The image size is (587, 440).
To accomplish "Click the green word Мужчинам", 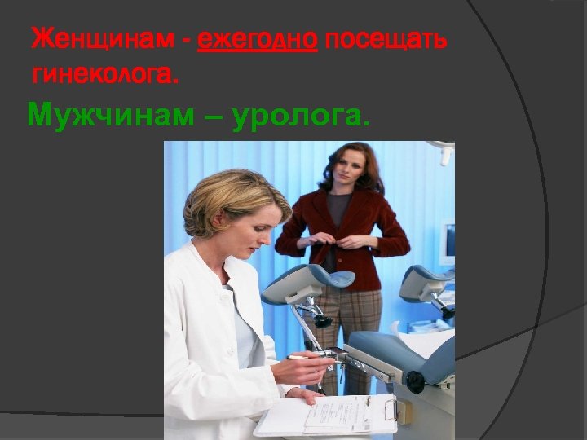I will click(x=111, y=117).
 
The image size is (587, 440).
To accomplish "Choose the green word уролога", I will click(x=300, y=117).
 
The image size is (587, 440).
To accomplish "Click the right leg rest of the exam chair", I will click(x=425, y=282).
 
